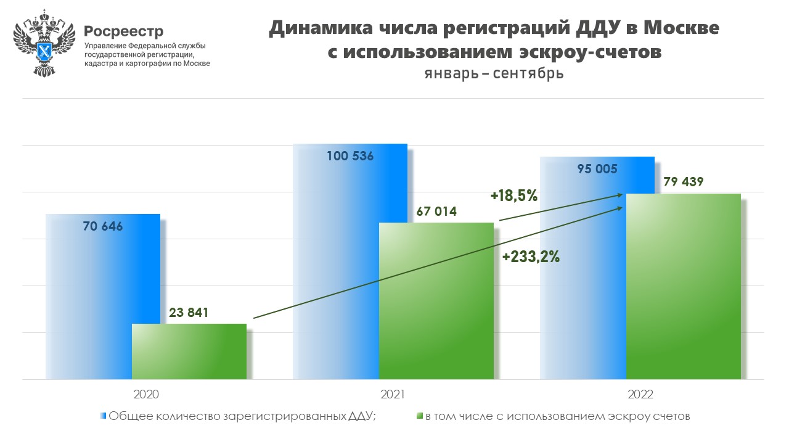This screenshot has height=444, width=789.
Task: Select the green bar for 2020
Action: (x=189, y=351)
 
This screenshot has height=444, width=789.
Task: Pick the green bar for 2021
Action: (x=436, y=302)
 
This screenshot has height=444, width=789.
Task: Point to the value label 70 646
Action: (x=103, y=226)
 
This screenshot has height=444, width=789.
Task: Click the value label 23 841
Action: (x=189, y=313)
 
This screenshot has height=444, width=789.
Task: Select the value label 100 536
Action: (x=350, y=156)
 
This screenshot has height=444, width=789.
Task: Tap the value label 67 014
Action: (x=436, y=212)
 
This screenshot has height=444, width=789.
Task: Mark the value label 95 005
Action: (x=597, y=169)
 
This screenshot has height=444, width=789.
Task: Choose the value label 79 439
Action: (x=683, y=182)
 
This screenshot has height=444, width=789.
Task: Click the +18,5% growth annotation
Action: (x=514, y=196)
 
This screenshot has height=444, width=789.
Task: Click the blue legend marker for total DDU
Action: (x=103, y=416)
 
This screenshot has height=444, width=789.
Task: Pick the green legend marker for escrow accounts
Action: (x=419, y=416)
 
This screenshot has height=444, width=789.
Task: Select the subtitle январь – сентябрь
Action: (x=494, y=73)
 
